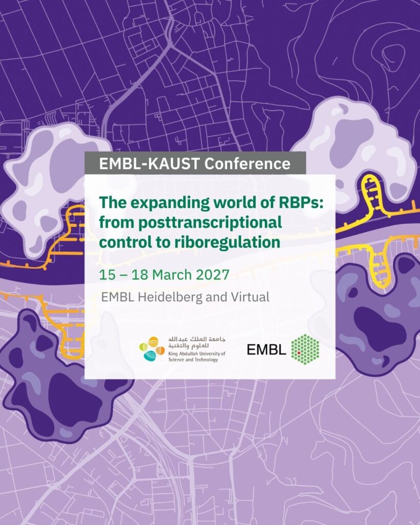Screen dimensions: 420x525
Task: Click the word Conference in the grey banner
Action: click(x=247, y=164)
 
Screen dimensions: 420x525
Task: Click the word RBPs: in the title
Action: click(x=301, y=203)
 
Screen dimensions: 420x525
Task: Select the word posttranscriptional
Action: click(x=210, y=223)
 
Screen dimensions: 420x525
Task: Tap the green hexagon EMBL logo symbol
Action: click(x=305, y=350)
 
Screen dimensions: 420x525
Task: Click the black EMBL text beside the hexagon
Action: click(x=266, y=350)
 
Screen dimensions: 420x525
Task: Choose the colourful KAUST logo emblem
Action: click(x=152, y=349)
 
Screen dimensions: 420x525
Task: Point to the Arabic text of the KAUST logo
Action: click(x=197, y=342)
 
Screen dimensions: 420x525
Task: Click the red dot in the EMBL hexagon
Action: click(x=299, y=353)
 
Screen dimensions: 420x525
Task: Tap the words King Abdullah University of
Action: click(x=197, y=354)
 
